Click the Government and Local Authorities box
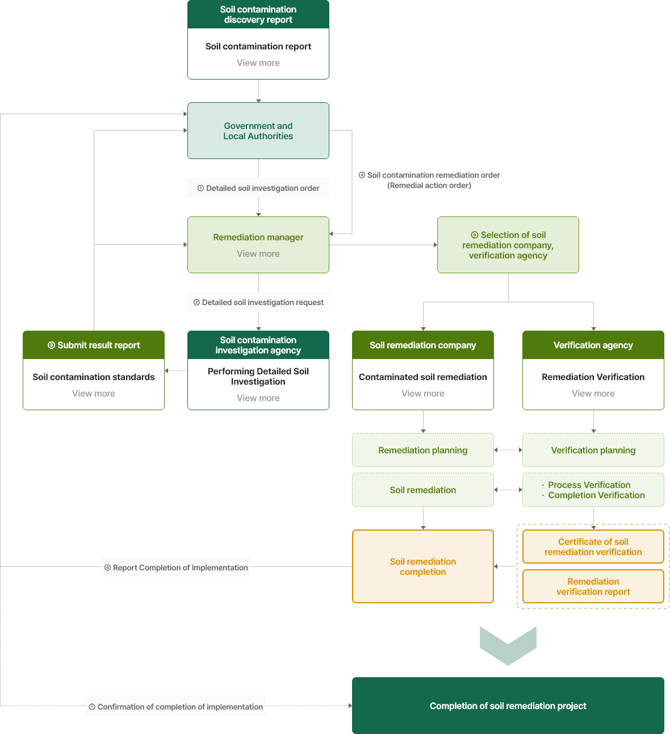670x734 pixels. (258, 131)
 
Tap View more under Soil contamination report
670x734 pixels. (258, 63)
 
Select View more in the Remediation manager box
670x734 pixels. (258, 253)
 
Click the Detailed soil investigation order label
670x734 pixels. (258, 188)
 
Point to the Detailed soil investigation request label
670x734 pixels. (258, 302)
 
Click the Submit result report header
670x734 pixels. (94, 345)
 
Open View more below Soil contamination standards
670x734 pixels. (94, 393)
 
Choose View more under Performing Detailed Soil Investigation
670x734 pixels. (258, 398)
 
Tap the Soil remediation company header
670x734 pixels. (423, 345)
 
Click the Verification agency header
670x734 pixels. (593, 345)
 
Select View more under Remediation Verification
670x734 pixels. (593, 393)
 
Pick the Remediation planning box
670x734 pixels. (423, 450)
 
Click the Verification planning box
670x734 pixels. (593, 450)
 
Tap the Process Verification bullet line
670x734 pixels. (586, 485)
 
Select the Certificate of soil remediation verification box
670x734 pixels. (593, 547)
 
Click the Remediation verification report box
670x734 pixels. (593, 586)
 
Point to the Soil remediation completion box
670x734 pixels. (423, 566)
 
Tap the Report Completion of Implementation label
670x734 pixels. (176, 568)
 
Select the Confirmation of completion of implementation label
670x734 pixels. (175, 707)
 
